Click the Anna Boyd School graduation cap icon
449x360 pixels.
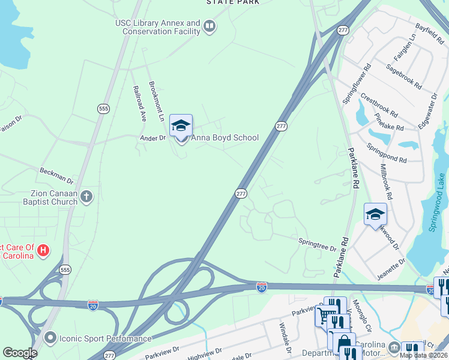coord(181,125)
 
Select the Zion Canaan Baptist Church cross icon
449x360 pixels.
coord(86,196)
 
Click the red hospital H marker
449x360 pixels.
coord(43,250)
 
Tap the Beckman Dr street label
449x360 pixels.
coord(56,175)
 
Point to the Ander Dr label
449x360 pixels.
coord(152,137)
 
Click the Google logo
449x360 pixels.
coord(19,353)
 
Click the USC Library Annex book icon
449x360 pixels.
coord(209,26)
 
